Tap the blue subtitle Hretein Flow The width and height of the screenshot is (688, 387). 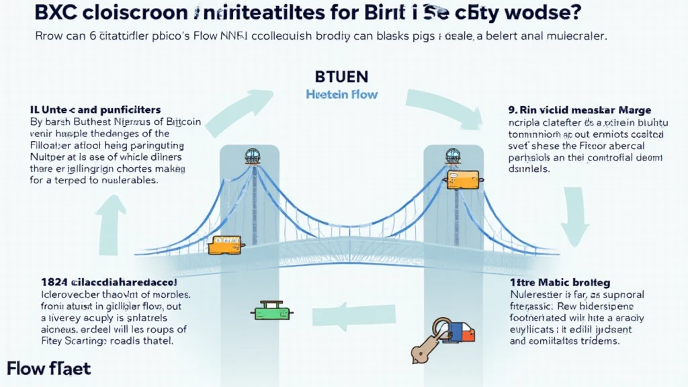coord(342,95)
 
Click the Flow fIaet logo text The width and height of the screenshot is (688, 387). coord(48,368)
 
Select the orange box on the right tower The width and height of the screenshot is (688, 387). coord(462,179)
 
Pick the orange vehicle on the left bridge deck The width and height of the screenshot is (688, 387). coord(224,245)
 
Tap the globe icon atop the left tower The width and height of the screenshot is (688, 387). coord(253,155)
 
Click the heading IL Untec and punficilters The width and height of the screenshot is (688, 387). coord(95,109)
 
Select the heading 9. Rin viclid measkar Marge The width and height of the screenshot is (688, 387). coord(579,109)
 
